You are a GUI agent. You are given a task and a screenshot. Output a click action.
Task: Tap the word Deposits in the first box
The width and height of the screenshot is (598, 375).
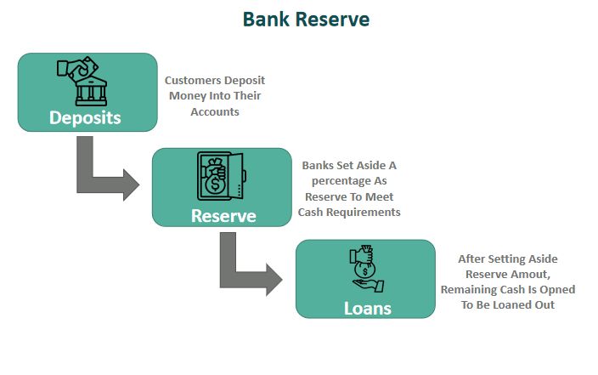click(85, 117)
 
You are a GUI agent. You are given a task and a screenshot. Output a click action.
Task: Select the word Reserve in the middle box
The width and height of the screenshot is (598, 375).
click(223, 215)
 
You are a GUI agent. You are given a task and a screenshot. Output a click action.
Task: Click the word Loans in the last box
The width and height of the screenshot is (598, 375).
click(367, 307)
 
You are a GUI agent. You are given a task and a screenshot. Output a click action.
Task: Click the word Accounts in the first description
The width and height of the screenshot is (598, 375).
click(215, 111)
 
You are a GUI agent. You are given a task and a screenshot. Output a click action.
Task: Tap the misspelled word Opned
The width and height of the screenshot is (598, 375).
click(556, 289)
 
